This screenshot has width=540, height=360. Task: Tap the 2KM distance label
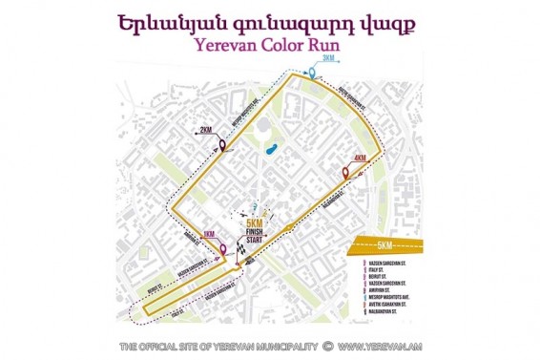click(x=204, y=129)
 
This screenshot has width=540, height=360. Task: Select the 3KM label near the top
click(x=329, y=59)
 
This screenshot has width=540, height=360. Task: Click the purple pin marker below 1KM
click(x=224, y=251)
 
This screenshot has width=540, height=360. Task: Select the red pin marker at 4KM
click(x=346, y=173)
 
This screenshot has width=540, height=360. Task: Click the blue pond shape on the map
click(x=268, y=149)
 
